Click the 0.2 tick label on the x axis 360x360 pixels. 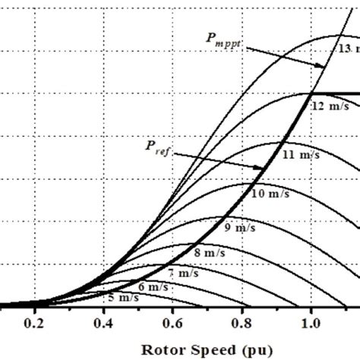point(34,323)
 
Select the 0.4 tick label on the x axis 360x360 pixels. point(103,323)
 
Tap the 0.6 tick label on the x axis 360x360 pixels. point(172,323)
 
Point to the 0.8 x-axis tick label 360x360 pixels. point(242,323)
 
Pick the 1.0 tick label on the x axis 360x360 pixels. point(311,323)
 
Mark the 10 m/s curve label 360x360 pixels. point(268,194)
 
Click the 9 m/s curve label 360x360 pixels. point(238,227)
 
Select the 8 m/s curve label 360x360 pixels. point(210,252)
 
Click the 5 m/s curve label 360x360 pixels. point(122,297)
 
